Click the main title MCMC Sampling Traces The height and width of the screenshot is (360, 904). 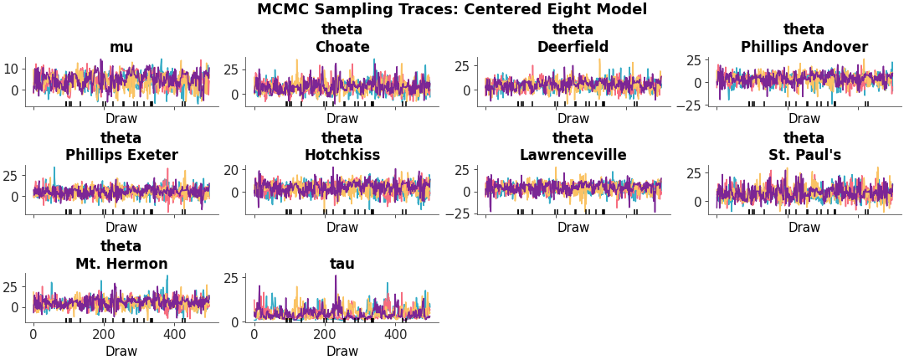click(452, 10)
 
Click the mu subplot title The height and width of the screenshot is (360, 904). click(121, 47)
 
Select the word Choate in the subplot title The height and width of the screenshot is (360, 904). click(342, 47)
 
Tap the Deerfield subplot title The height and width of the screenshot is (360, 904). click(573, 47)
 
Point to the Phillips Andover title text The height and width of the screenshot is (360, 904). click(804, 47)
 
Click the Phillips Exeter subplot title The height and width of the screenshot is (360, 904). click(121, 155)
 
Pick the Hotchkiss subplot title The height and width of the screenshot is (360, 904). click(342, 155)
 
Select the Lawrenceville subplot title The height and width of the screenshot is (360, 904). click(573, 155)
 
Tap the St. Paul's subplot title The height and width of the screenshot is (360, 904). click(804, 155)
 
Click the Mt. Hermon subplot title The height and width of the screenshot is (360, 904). click(121, 264)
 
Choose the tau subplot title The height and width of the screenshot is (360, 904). click(342, 264)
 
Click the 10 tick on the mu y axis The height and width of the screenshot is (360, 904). click(12, 69)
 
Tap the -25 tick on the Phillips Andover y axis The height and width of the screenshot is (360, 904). click(691, 105)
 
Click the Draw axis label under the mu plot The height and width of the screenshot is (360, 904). click(121, 119)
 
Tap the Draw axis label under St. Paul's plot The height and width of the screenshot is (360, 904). click(804, 227)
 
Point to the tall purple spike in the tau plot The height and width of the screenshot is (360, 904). click(336, 278)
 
